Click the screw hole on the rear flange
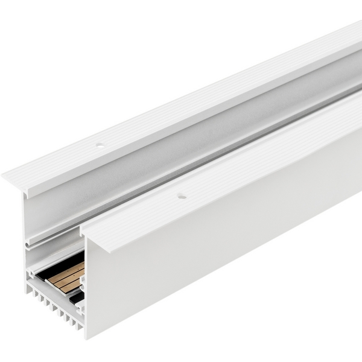pos(100,146)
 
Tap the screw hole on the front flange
pos(179,195)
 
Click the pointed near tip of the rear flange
pos(5,177)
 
